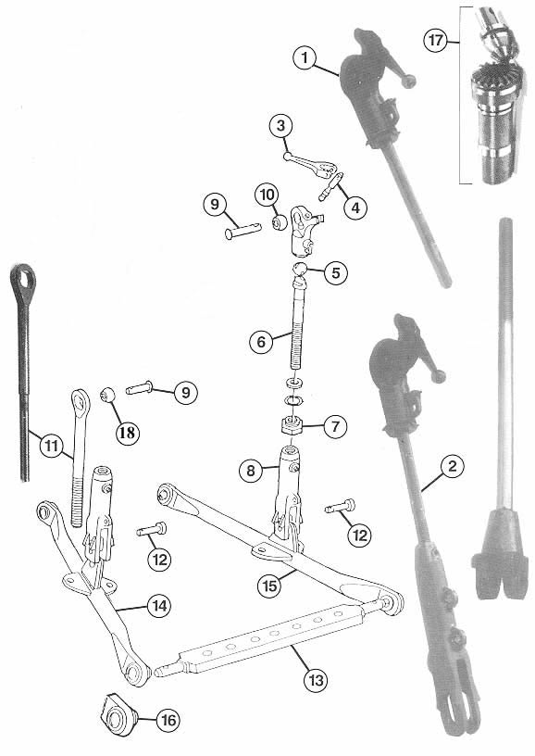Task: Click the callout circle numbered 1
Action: coord(305,58)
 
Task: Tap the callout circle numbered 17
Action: coord(436,40)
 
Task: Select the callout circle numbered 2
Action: coord(452,466)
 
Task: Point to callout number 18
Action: coord(127,432)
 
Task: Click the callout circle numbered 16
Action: coord(168,720)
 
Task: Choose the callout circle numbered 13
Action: coord(316,680)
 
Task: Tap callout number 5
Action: coord(336,272)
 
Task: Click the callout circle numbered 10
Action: coord(267,195)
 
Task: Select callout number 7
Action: coord(335,426)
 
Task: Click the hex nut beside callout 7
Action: coord(292,426)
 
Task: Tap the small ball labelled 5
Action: coord(301,268)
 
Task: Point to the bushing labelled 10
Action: coord(280,223)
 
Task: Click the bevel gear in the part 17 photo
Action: coord(490,76)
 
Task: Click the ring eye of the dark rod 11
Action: coord(22,278)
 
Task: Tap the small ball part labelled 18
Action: coord(108,396)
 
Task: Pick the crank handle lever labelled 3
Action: coord(309,162)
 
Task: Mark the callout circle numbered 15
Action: coord(270,586)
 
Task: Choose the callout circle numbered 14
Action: coord(159,606)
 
